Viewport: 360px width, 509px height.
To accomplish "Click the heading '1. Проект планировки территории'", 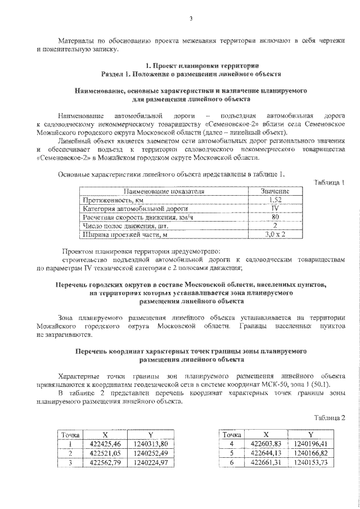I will coord(190,66).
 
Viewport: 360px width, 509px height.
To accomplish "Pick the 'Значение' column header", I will coord(275,192).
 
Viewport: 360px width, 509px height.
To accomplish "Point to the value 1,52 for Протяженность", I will coord(275,200).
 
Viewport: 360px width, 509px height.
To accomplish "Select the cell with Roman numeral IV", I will coord(275,209).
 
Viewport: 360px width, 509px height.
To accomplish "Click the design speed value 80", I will coord(275,217).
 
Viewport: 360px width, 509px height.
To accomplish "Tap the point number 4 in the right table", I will coord(232,444).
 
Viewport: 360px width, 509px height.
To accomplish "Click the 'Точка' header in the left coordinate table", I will coord(71,435).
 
